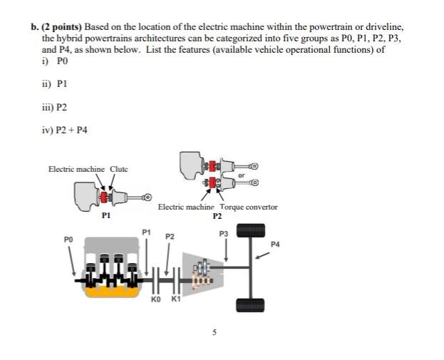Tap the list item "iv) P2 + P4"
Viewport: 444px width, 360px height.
(x=65, y=129)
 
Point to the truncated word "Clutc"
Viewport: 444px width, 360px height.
(x=119, y=169)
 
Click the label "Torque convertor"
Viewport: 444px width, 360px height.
(x=249, y=207)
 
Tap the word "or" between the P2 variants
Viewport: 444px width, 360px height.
(x=242, y=174)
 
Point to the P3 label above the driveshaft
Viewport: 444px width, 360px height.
(x=224, y=233)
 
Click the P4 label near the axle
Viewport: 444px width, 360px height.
(x=276, y=245)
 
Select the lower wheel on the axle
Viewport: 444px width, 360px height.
(x=250, y=304)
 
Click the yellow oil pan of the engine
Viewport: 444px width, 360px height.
(x=108, y=291)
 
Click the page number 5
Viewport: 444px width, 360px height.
(x=212, y=332)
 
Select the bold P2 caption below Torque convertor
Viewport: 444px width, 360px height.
(x=217, y=215)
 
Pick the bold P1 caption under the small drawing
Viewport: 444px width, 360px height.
(x=106, y=215)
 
